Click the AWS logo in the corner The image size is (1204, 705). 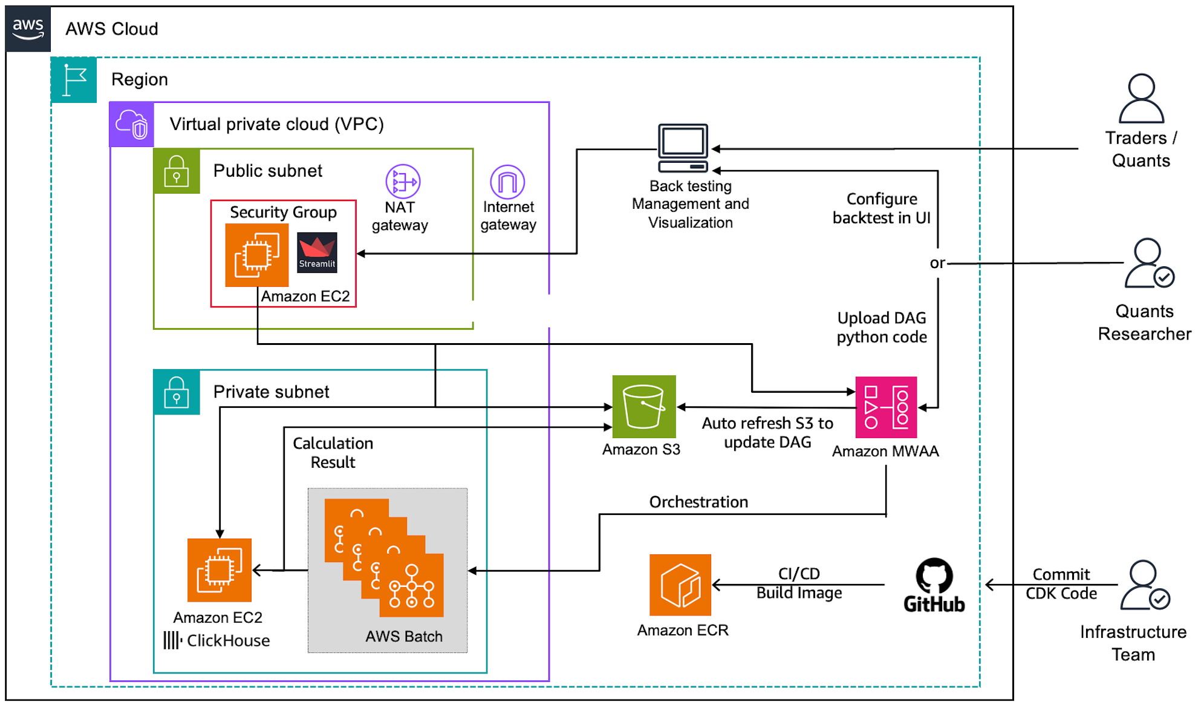[28, 29]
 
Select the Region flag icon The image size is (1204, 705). [74, 80]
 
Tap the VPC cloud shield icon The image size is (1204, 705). [132, 125]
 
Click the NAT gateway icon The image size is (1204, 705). [403, 182]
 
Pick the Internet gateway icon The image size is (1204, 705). [507, 182]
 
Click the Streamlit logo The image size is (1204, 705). [317, 252]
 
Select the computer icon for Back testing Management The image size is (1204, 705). [683, 148]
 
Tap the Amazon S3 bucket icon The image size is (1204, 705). [643, 406]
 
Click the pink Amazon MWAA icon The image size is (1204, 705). [886, 407]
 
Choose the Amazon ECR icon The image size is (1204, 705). [680, 585]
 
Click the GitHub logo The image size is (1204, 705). [934, 585]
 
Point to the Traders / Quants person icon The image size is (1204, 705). [1141, 99]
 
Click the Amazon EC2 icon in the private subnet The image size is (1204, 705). [219, 570]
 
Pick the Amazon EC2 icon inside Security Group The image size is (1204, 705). [257, 255]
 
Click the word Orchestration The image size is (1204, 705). [698, 502]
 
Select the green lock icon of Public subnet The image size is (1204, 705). [177, 171]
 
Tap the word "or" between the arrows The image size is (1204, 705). [937, 263]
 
